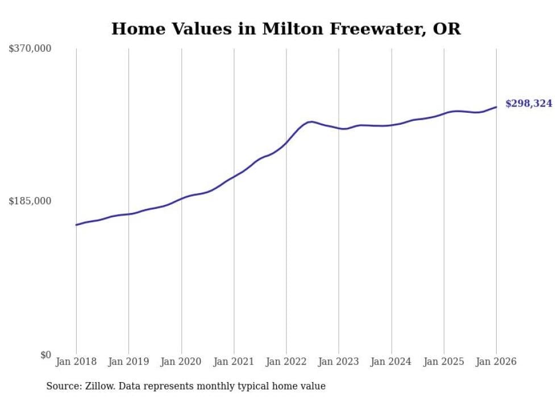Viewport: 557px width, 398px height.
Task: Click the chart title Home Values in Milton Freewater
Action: click(286, 28)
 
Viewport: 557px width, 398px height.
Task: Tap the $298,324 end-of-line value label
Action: click(529, 104)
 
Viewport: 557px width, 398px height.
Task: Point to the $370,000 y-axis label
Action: click(30, 49)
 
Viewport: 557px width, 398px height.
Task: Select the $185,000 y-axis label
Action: click(30, 201)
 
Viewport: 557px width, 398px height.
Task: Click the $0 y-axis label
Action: click(45, 355)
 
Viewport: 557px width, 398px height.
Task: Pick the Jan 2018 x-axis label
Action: click(76, 362)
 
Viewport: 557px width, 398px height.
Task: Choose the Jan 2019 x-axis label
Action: click(128, 362)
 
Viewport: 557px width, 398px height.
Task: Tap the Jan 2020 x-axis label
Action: click(181, 362)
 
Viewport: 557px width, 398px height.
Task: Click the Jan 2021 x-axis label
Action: click(234, 362)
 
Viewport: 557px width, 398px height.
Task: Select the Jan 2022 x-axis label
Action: click(286, 362)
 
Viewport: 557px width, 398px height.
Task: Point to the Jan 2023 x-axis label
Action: click(339, 362)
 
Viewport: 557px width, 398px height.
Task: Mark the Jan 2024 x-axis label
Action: click(391, 362)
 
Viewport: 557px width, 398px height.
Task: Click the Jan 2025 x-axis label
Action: click(444, 362)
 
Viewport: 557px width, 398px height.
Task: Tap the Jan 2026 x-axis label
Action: click(496, 362)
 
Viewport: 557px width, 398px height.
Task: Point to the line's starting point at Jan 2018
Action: click(76, 225)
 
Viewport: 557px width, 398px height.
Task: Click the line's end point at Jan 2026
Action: click(496, 107)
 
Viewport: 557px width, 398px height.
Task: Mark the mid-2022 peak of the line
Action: click(310, 121)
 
